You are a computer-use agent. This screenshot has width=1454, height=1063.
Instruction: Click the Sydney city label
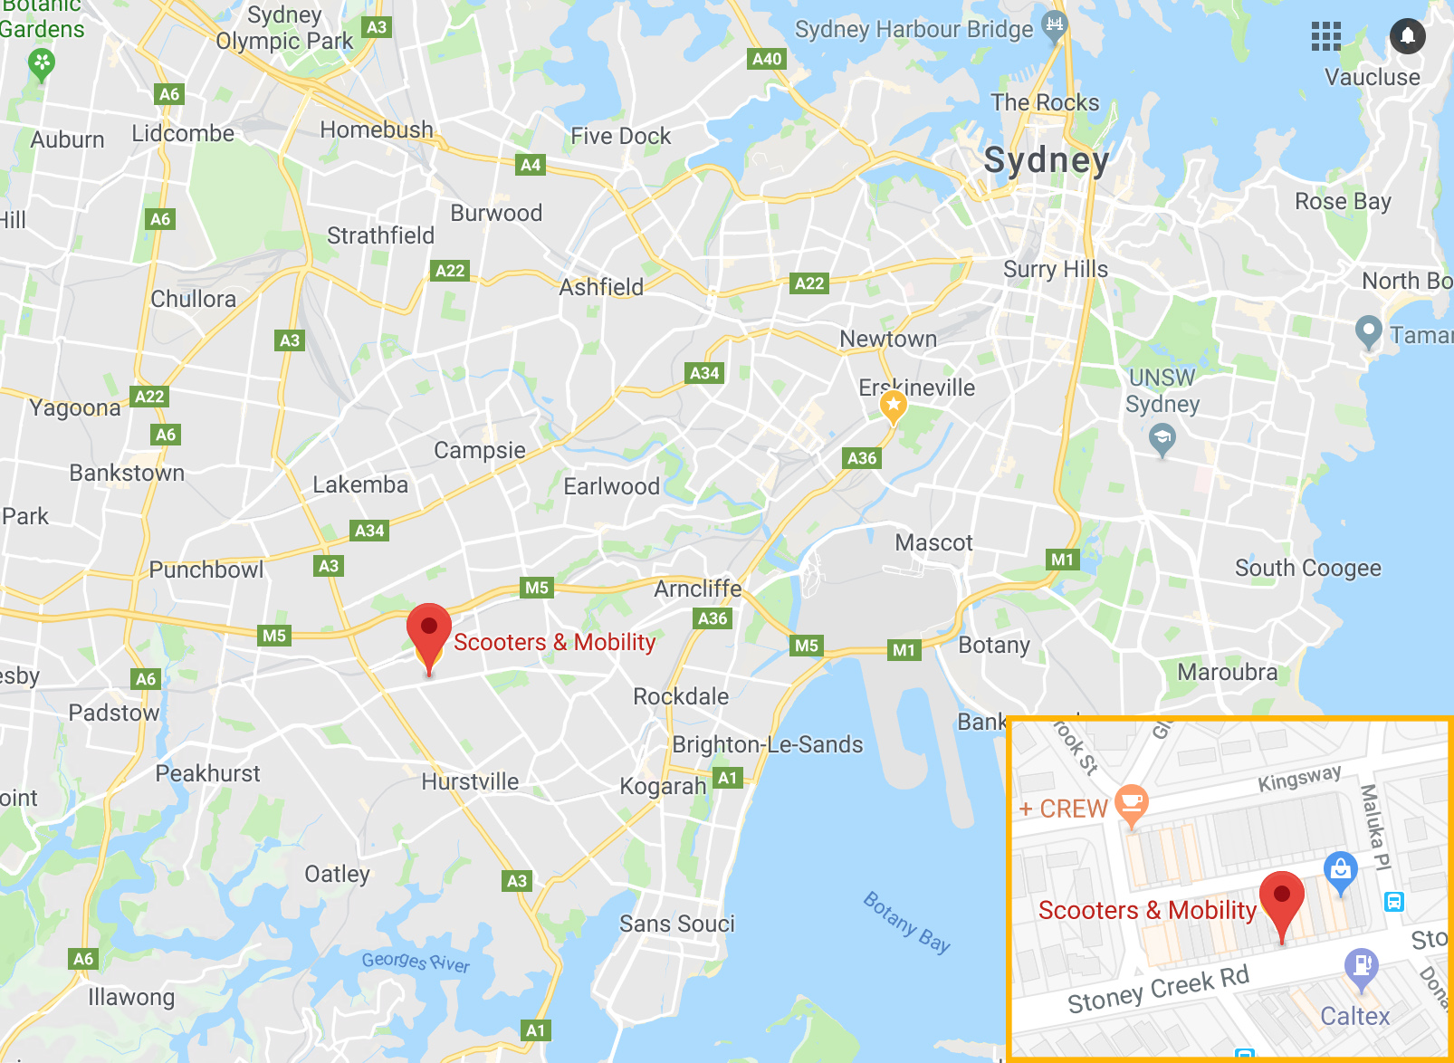click(1046, 160)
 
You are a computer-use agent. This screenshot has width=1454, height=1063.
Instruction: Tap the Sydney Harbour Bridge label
click(914, 30)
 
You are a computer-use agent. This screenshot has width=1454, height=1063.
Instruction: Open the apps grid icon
click(1325, 36)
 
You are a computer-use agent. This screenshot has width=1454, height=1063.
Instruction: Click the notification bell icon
click(1407, 36)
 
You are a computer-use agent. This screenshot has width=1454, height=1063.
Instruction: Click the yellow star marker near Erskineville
click(894, 406)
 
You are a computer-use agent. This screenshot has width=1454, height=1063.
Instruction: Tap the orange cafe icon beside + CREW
click(1132, 803)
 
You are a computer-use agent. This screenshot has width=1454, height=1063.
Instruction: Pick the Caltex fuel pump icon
click(1361, 965)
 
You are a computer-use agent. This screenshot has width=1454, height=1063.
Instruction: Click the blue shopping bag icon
click(1340, 869)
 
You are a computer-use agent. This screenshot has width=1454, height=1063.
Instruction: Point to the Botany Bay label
click(906, 923)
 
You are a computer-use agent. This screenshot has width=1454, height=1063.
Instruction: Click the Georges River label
click(416, 962)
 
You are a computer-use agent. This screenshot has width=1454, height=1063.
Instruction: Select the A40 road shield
click(767, 59)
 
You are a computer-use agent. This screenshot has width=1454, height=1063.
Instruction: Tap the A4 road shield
click(531, 165)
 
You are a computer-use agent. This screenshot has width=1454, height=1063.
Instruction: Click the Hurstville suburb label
click(470, 781)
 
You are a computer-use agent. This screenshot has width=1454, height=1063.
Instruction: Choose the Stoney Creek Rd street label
click(1158, 990)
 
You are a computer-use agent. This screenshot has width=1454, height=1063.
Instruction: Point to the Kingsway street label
click(1299, 778)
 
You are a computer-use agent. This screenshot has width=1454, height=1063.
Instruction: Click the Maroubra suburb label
click(1227, 672)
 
